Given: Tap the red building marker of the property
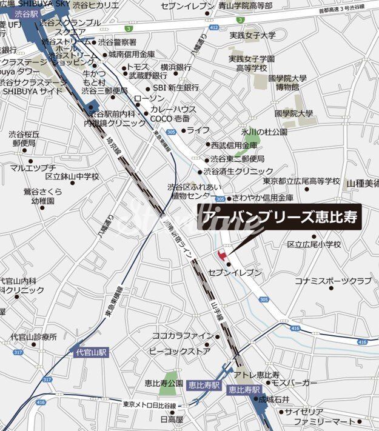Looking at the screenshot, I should click(x=220, y=253).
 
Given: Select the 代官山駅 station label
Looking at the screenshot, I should click(x=91, y=352).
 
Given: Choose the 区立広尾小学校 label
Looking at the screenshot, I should click(x=314, y=244).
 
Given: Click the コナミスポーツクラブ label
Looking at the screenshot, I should click(x=333, y=281).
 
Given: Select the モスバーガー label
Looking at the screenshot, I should click(x=295, y=383).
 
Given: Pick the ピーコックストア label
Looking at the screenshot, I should click(x=179, y=351).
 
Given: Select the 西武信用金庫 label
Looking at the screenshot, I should click(x=234, y=145).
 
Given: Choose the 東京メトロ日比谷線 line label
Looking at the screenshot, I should click(x=149, y=405).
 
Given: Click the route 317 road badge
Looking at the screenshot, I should click(x=18, y=352).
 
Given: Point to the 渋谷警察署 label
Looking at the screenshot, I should click(x=117, y=42).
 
